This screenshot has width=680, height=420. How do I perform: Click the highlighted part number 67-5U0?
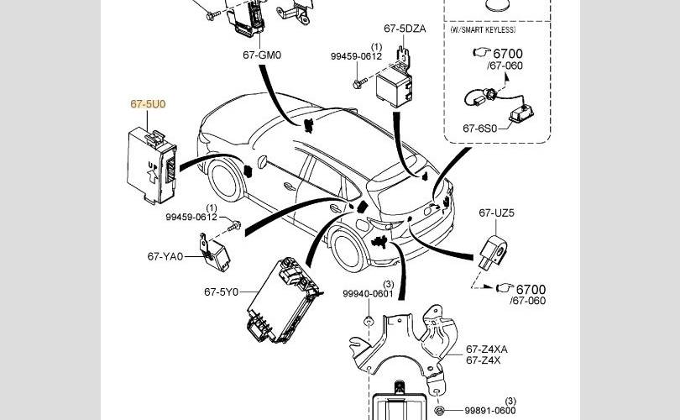coord(148,104)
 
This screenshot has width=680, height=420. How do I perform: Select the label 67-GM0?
coord(261,55)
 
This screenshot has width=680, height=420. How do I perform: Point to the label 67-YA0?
coord(165,255)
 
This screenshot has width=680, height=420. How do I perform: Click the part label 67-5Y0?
coord(221,292)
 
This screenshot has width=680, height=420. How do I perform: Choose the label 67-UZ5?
coord(497,213)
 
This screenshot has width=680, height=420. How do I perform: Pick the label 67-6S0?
coord(480,129)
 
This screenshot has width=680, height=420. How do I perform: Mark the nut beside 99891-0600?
coord(439,410)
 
